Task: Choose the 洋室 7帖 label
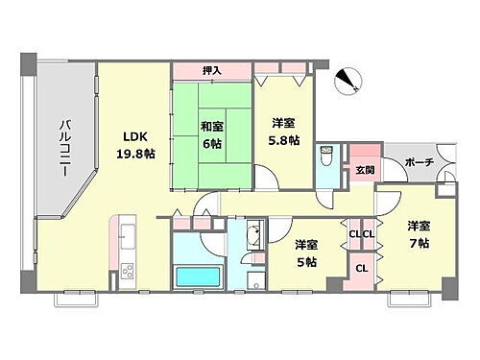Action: (x=418, y=234)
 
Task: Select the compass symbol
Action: (x=348, y=84)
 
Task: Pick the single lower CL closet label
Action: (x=361, y=270)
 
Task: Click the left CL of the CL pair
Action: (x=354, y=234)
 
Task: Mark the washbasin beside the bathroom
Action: (x=253, y=237)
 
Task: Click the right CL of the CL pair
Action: (x=368, y=234)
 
